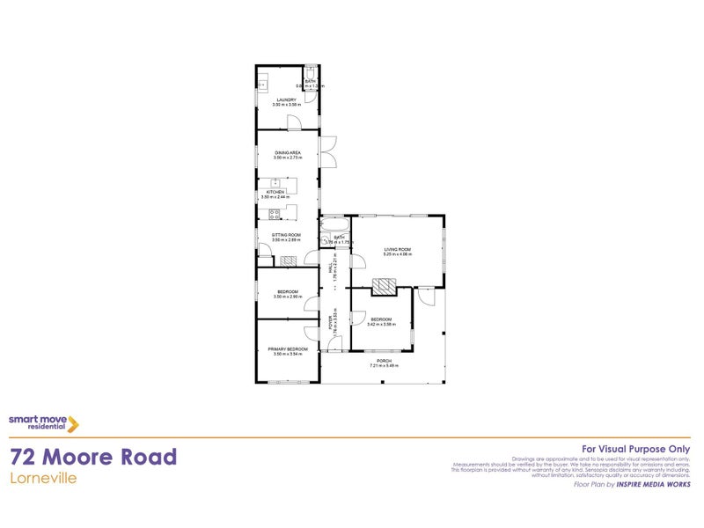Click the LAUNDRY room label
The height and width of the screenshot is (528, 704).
(x=286, y=100)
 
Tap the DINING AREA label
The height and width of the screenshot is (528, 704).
(x=287, y=153)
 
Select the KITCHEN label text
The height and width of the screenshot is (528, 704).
(x=276, y=192)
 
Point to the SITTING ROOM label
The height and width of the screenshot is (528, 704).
(x=287, y=235)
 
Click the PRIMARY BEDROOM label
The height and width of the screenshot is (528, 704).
(x=288, y=349)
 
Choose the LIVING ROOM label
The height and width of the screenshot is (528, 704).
(x=397, y=250)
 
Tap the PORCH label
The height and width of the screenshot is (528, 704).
(x=384, y=361)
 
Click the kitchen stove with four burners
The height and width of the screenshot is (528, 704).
(x=274, y=214)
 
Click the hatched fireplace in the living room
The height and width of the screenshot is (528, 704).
(x=384, y=286)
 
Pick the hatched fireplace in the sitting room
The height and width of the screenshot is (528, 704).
(x=287, y=260)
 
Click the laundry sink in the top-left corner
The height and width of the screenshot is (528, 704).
(x=262, y=85)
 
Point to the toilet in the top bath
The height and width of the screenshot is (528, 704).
(x=311, y=73)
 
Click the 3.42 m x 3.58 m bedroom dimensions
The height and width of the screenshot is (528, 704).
(x=381, y=324)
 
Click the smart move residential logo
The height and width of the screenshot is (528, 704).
(x=44, y=423)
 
